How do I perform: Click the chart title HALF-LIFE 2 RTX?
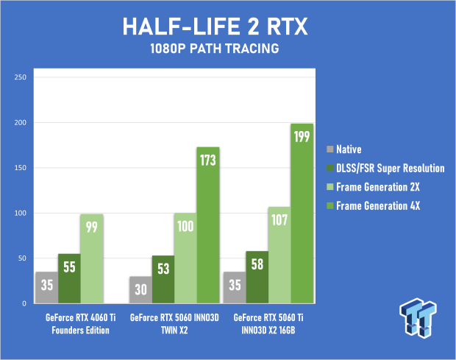coord(227,28)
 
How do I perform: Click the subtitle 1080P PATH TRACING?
coord(227,52)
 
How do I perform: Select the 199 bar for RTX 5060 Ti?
coord(302,213)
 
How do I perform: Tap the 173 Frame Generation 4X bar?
coord(207,225)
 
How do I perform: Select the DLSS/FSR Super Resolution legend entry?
coord(390,168)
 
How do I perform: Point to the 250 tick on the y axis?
coord(20,77)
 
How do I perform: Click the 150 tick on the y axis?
coord(20,168)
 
